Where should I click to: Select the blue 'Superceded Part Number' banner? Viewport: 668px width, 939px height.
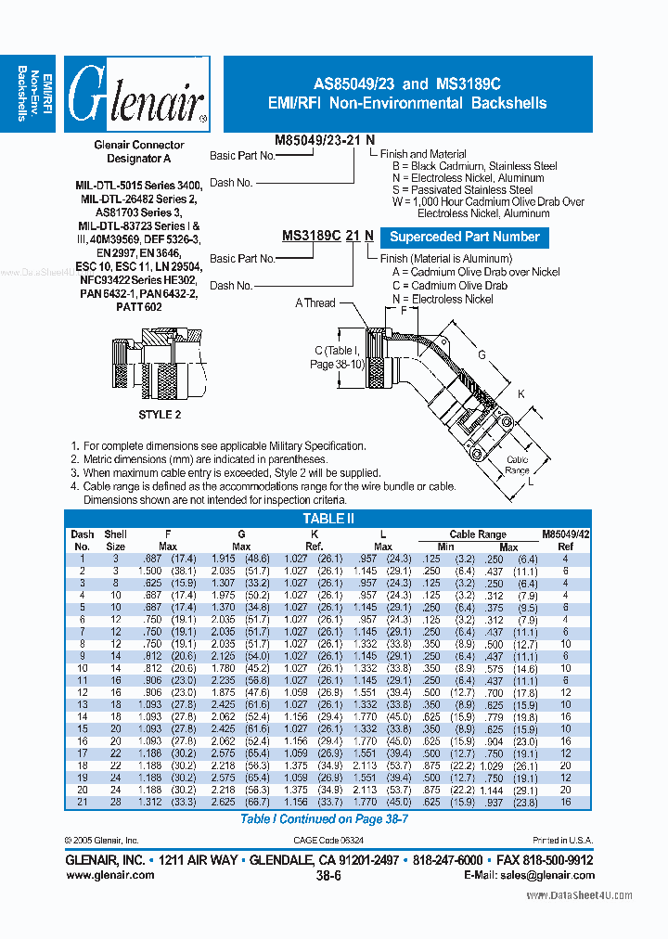465,237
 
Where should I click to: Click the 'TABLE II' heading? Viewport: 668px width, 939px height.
329,520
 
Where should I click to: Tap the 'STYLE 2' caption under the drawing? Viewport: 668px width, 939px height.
161,414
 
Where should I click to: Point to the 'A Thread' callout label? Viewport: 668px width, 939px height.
315,302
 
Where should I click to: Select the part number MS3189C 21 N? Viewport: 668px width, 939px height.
328,237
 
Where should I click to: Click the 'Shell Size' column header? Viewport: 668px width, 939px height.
115,540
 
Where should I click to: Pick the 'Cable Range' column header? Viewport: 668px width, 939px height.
477,534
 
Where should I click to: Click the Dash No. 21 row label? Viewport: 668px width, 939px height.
82,802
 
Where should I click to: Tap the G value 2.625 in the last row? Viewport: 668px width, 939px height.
223,802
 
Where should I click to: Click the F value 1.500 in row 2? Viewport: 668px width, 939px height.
154,571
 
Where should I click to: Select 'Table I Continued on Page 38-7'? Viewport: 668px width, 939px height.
324,819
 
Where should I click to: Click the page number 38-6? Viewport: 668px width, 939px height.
329,875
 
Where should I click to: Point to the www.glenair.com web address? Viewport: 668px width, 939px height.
110,874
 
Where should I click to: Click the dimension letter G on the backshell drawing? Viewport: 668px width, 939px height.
482,354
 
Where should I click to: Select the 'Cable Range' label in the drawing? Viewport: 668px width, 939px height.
518,465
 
